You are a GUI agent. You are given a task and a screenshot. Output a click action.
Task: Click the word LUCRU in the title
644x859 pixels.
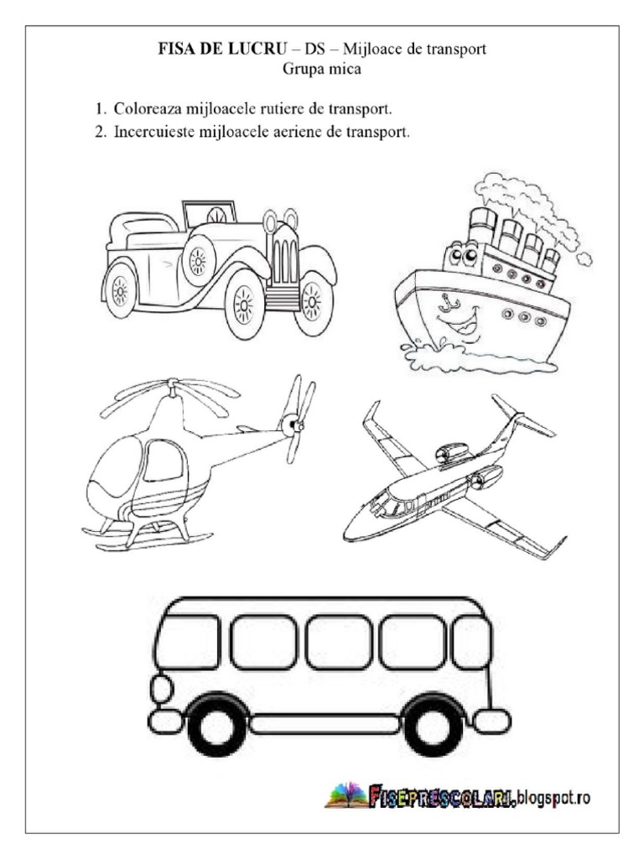[x=257, y=49]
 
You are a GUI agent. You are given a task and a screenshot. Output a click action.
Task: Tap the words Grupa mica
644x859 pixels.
[x=322, y=69]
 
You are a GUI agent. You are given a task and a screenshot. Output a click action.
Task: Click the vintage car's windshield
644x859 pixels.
[x=210, y=212]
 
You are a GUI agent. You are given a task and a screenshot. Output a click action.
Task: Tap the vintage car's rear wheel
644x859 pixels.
[x=120, y=289]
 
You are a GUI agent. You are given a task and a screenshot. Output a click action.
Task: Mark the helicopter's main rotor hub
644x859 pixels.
[x=173, y=386]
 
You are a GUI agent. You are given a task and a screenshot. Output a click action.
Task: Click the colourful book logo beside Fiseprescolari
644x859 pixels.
[x=346, y=796]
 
